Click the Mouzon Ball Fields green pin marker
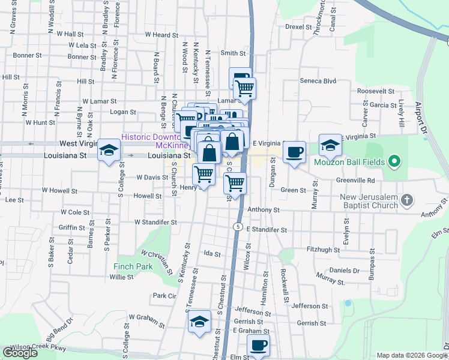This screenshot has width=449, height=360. (x=394, y=161)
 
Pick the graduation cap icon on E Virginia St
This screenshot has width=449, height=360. (x=330, y=145)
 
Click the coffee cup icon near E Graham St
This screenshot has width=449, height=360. (x=258, y=345)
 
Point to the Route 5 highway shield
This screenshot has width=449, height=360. (x=238, y=227)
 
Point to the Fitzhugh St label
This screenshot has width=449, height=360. (x=322, y=249)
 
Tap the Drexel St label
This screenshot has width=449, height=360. (x=299, y=27)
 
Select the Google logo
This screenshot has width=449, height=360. (x=20, y=353)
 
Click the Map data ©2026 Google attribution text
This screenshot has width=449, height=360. (x=412, y=355)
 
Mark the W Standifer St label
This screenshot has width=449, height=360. (x=155, y=222)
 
